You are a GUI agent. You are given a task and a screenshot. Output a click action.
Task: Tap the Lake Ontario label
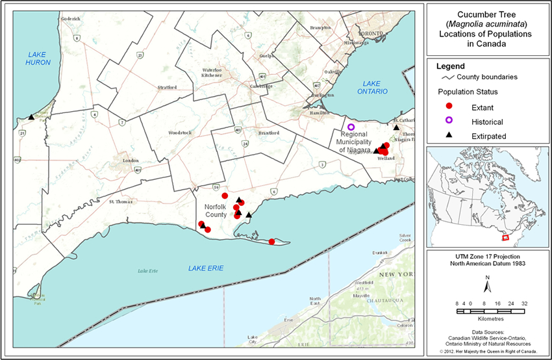point(375,88)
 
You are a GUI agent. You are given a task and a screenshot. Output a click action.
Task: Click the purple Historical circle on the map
point(351,127)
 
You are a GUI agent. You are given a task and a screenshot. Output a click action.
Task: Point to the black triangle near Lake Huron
point(31,117)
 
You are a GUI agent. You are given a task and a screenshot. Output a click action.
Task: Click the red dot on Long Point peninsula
point(271,242)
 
